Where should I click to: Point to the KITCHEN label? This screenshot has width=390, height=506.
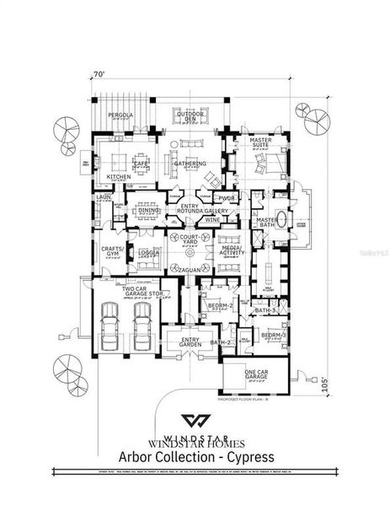pos(118,177)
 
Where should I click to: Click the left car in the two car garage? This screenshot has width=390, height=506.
pos(110,321)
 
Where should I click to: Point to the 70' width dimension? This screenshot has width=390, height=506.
pos(99,75)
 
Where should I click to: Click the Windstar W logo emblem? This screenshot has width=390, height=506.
pos(196,422)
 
